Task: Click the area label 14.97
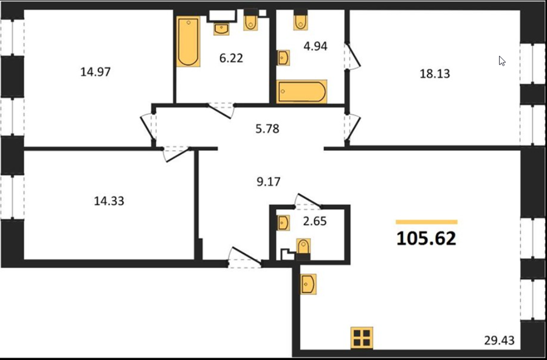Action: tap(95, 72)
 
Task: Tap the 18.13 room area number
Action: tap(435, 74)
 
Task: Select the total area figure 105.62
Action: tap(426, 238)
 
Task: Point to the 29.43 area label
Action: tap(499, 340)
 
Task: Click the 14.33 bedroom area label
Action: tap(109, 201)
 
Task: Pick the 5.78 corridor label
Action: tap(267, 129)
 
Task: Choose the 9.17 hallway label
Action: tap(268, 182)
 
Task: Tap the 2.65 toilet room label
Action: tap(315, 221)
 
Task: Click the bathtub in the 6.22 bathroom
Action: tap(188, 41)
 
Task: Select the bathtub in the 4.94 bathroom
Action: tap(301, 92)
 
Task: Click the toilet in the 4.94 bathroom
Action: tap(301, 20)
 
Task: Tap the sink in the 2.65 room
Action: tap(284, 223)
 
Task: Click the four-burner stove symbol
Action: tap(362, 337)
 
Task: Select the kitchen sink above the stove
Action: tap(308, 284)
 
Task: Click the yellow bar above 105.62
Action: tap(426, 222)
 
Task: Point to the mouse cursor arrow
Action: tap(502, 61)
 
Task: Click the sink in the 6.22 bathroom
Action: tap(221, 29)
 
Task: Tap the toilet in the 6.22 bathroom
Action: tap(250, 20)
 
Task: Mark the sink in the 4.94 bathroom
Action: tap(284, 58)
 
